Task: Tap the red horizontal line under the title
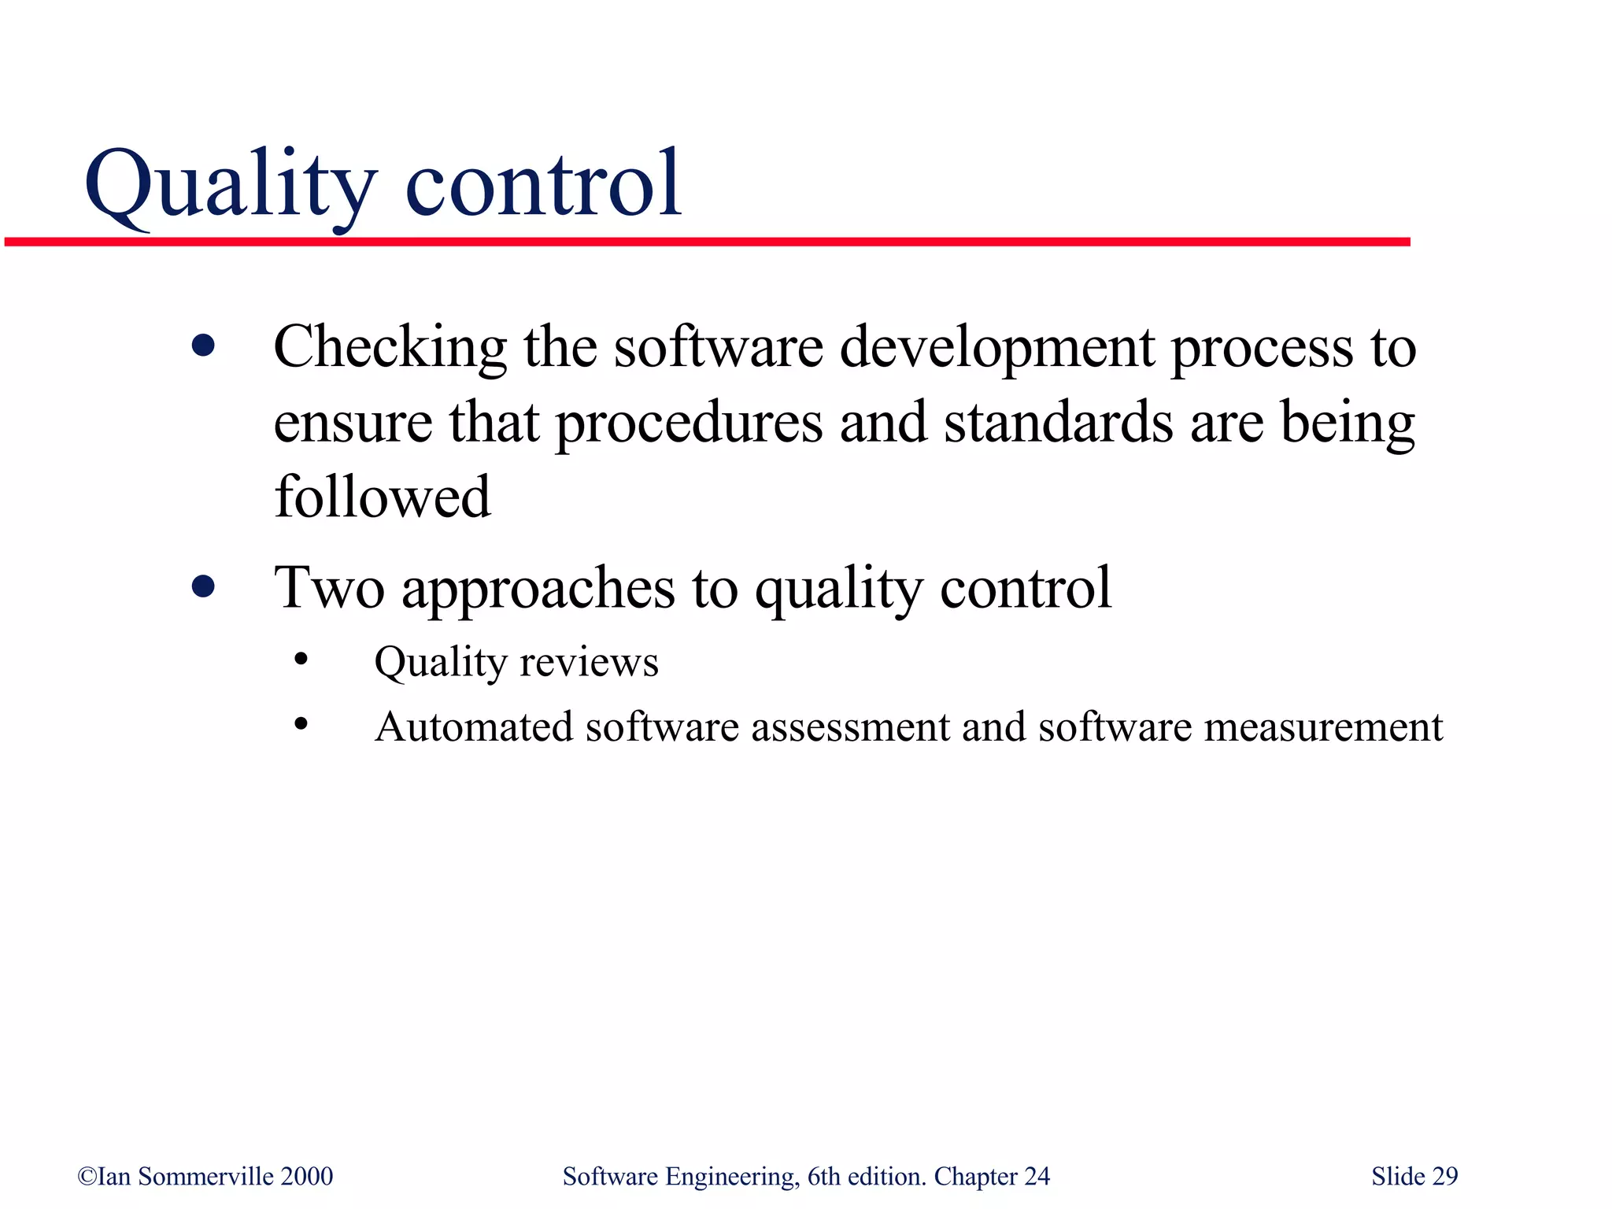[708, 242]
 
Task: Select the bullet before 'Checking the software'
[203, 346]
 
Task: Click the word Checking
[390, 348]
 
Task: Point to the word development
[996, 348]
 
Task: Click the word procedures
[689, 423]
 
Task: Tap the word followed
[383, 497]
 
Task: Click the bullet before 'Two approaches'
[203, 586]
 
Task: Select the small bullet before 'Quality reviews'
[301, 660]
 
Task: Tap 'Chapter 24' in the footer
[992, 1177]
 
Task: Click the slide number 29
[1445, 1177]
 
